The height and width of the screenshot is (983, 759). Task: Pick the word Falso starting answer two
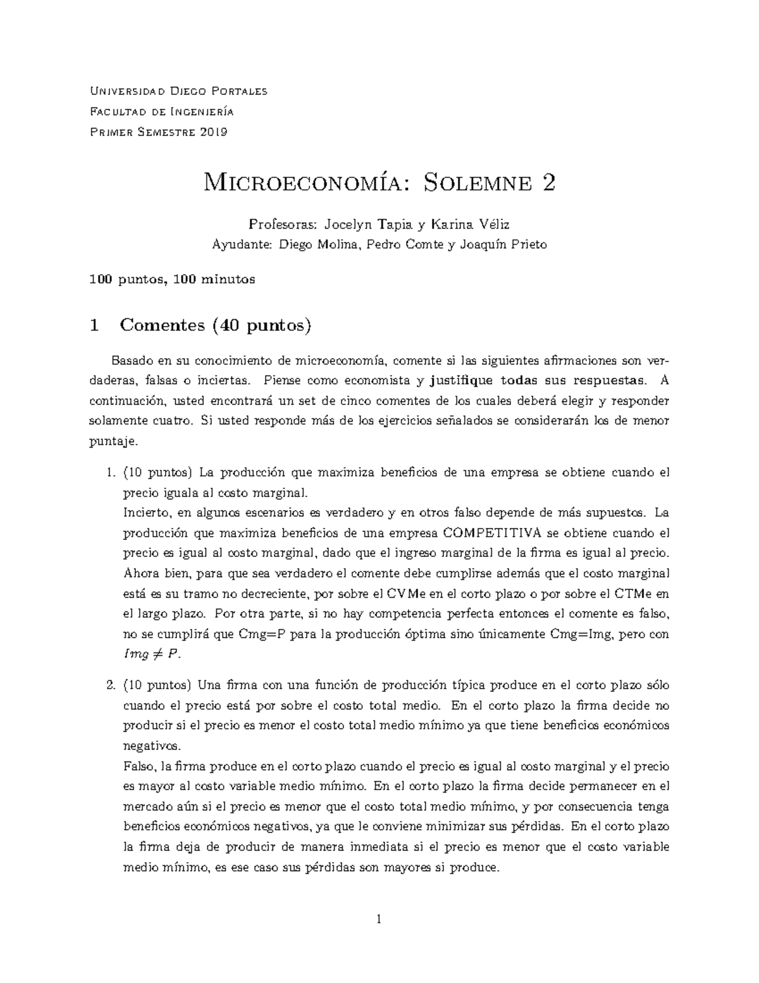[139, 767]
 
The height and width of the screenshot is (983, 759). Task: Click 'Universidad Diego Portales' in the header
[179, 91]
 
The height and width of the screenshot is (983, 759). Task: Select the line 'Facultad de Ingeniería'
[162, 112]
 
